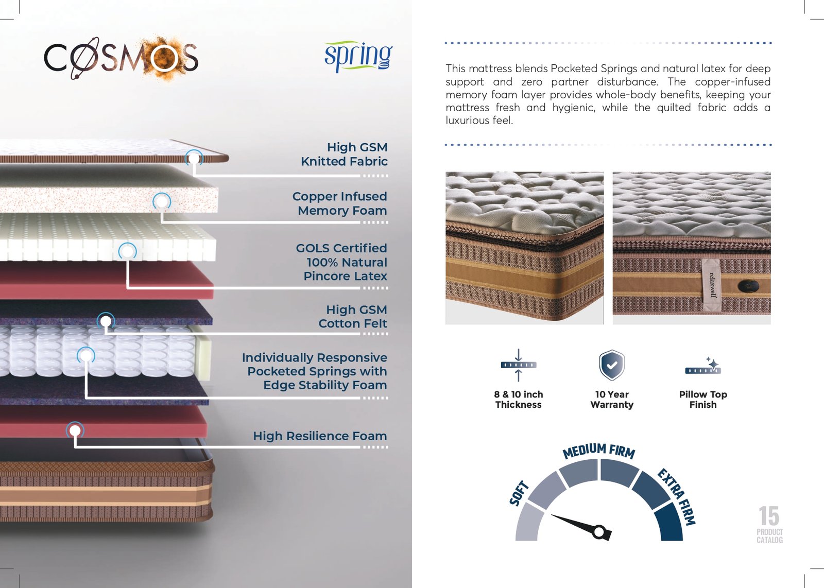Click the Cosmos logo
click(x=122, y=58)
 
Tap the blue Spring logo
click(x=358, y=57)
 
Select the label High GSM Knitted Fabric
click(x=345, y=154)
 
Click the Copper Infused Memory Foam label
click(x=339, y=203)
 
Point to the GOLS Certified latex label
click(x=341, y=262)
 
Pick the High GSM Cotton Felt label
click(x=353, y=317)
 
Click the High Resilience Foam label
click(x=320, y=436)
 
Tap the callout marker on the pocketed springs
click(x=85, y=356)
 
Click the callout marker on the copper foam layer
click(x=162, y=201)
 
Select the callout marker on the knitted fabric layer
click(x=194, y=159)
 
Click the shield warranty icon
click(x=612, y=365)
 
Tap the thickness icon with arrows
click(x=518, y=365)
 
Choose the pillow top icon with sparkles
click(x=703, y=366)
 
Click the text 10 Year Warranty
click(x=612, y=400)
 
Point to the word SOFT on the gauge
click(x=519, y=493)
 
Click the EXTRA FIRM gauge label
click(x=677, y=497)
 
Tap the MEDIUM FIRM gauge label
click(x=599, y=451)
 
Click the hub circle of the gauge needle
click(x=599, y=531)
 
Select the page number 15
click(x=769, y=516)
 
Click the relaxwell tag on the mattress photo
click(x=712, y=285)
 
